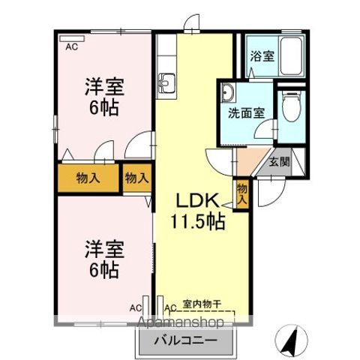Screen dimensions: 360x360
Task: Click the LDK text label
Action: (196, 201)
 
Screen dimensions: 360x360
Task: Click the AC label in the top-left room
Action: (71, 46)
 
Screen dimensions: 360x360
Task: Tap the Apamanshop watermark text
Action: (179, 323)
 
